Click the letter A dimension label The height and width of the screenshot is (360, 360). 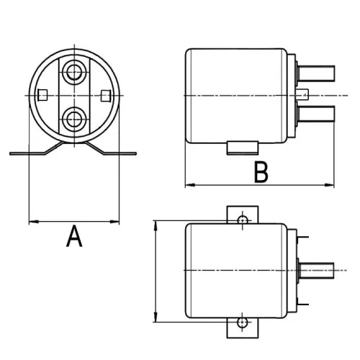pos(73,236)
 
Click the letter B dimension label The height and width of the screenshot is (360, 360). pos(261,173)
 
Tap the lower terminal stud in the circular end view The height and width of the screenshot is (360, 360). pos(73,117)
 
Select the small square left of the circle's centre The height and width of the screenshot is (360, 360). pos(42,94)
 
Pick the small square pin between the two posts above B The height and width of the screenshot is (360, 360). pos(305,93)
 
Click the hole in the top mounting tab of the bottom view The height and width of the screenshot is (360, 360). pos(244,217)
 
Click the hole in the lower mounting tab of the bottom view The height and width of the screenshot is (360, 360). pos(244,322)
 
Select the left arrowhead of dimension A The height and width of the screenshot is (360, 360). pos(32,220)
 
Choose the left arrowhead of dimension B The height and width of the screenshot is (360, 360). pos(189,186)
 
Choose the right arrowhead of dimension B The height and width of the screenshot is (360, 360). pos(332,186)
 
